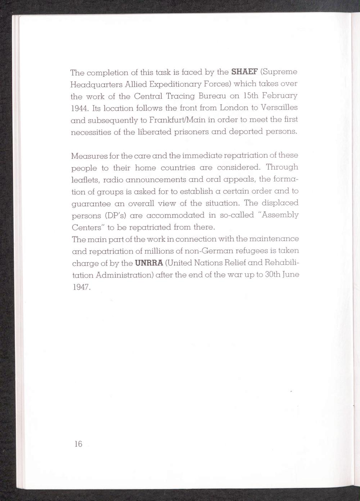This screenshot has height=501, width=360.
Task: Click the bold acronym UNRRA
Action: tap(149, 263)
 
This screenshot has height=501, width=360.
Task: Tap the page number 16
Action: tap(78, 444)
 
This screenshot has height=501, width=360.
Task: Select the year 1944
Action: tap(80, 108)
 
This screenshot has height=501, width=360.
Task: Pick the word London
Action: tap(234, 108)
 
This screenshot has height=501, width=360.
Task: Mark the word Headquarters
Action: tap(94, 85)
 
